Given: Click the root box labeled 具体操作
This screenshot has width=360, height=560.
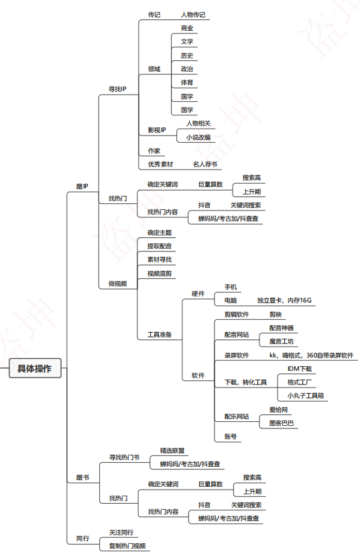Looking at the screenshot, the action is tap(35, 368).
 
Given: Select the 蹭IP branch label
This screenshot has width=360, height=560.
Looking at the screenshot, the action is tap(82, 186).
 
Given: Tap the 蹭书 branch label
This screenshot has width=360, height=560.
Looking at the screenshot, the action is tap(82, 477).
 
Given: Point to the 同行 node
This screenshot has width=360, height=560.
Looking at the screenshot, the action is tap(82, 539).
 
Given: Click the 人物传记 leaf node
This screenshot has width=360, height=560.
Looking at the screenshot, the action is tap(193, 15).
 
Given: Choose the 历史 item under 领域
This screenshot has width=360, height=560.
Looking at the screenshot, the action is tap(187, 56).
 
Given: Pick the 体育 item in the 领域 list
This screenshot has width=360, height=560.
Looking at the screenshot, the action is tap(187, 82).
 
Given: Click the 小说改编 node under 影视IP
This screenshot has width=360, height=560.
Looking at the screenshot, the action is tap(198, 137).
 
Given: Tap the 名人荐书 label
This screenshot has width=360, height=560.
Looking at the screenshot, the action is tap(205, 164).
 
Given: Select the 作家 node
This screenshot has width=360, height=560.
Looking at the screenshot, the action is tap(154, 151).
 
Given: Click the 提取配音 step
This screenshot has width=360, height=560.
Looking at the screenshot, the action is tap(160, 246).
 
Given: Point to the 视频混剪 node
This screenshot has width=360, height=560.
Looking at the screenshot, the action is tap(160, 274).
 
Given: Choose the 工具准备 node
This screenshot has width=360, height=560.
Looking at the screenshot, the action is tap(160, 335).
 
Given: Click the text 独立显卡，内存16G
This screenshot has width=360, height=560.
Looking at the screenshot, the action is tap(284, 300).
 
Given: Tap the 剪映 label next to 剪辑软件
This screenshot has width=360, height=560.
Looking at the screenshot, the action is tap(276, 315).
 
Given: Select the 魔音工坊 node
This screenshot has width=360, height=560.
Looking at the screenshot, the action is tap(282, 341).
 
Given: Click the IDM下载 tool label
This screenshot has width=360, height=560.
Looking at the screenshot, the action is tap(299, 369).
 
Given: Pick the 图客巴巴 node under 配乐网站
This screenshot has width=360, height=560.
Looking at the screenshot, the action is tap(282, 423).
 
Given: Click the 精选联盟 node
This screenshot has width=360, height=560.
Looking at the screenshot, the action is tap(172, 451).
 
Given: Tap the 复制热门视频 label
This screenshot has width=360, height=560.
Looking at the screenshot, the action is tap(127, 546).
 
